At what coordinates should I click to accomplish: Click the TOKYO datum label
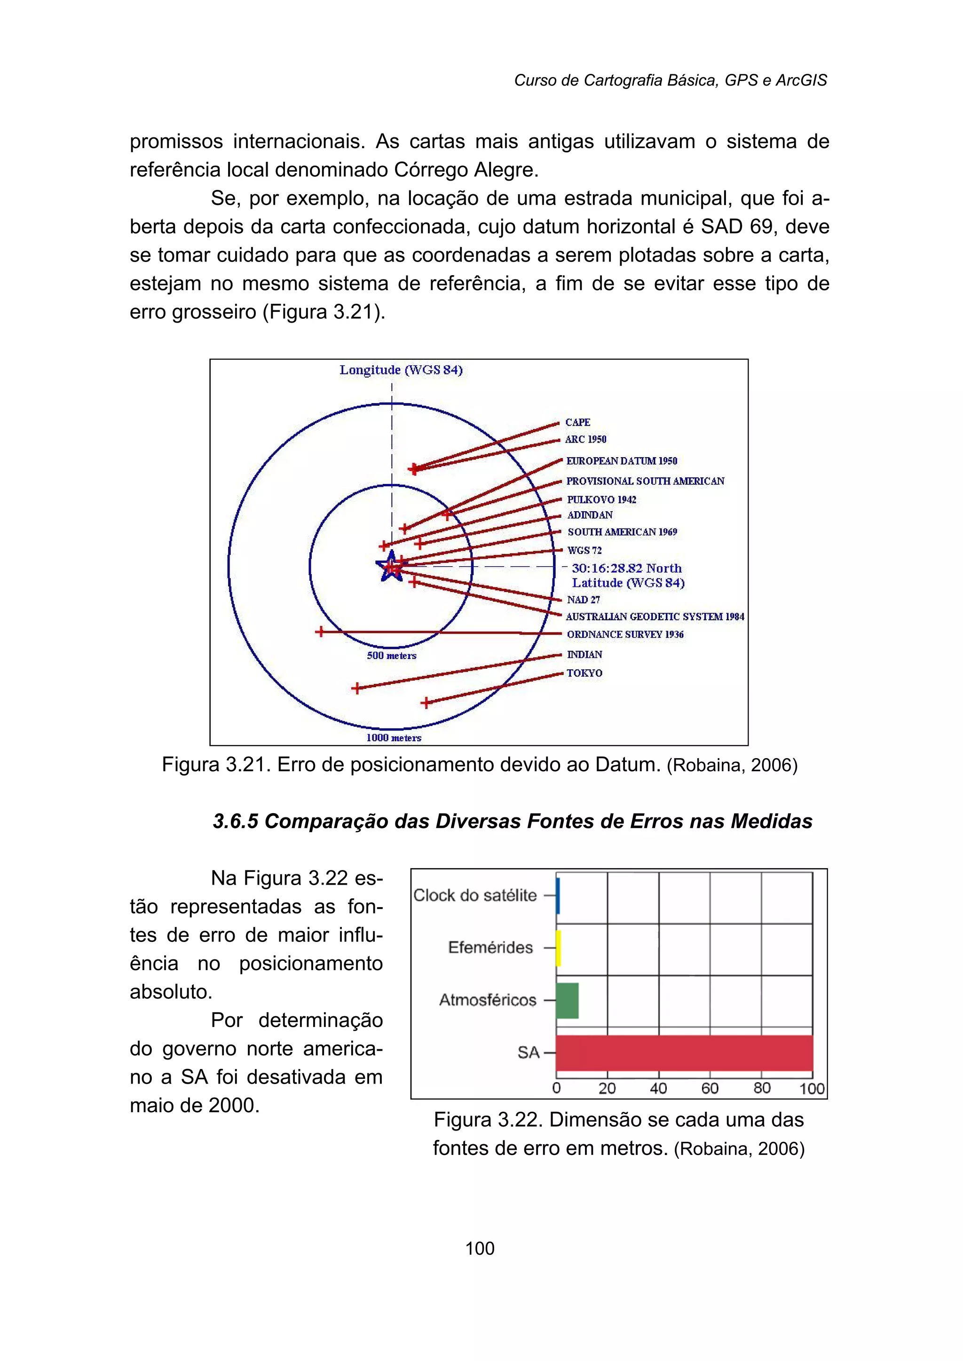(x=584, y=673)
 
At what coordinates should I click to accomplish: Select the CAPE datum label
(x=577, y=422)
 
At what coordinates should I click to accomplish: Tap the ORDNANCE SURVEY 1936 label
(x=625, y=634)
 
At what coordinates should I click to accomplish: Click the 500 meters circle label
(x=391, y=655)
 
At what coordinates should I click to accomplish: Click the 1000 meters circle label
(x=394, y=738)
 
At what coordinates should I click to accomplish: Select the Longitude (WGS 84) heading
(x=401, y=370)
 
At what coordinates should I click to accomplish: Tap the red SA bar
(x=684, y=1052)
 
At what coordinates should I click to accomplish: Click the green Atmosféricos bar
(x=567, y=1000)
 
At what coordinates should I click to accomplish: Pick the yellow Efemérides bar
(x=558, y=948)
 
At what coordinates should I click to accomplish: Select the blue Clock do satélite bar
(x=558, y=895)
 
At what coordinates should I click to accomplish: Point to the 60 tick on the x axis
(x=710, y=1088)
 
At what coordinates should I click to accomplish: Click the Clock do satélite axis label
(x=474, y=895)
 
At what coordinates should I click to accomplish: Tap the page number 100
(x=480, y=1248)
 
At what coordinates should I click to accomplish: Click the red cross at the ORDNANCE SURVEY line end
(x=320, y=632)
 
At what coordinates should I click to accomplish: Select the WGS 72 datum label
(x=584, y=550)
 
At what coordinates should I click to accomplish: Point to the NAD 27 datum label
(x=583, y=600)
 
